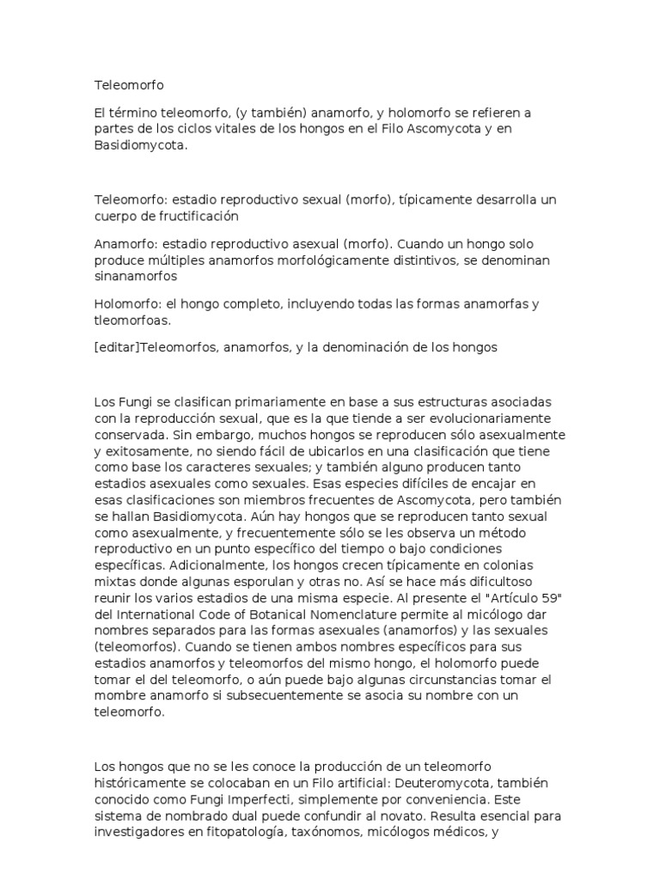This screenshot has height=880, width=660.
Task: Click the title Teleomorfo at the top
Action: tap(128, 85)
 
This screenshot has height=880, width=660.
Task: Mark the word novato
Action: tap(399, 815)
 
